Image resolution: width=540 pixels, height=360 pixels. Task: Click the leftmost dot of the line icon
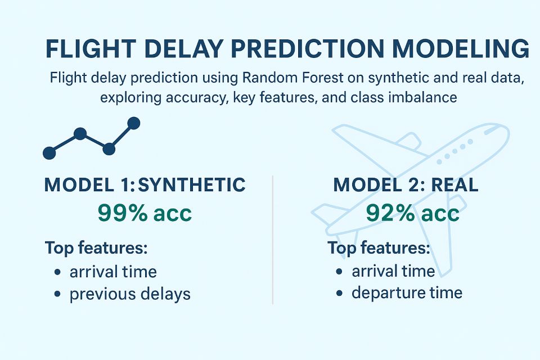click(49, 152)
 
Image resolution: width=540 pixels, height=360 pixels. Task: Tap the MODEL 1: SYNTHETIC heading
click(145, 185)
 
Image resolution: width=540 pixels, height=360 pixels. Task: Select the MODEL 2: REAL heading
click(406, 185)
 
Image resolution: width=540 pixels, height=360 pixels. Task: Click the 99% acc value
click(145, 213)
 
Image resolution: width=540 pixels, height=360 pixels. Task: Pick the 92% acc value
click(412, 213)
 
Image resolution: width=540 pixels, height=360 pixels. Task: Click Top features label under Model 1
click(96, 247)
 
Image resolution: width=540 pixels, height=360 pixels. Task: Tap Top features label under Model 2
click(379, 247)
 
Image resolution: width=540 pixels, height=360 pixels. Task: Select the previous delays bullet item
click(130, 294)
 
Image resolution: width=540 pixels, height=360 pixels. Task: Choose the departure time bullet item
click(407, 292)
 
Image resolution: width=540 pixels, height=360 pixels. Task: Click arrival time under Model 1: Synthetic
click(113, 272)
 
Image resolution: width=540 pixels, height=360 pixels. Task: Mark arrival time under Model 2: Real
click(393, 271)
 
